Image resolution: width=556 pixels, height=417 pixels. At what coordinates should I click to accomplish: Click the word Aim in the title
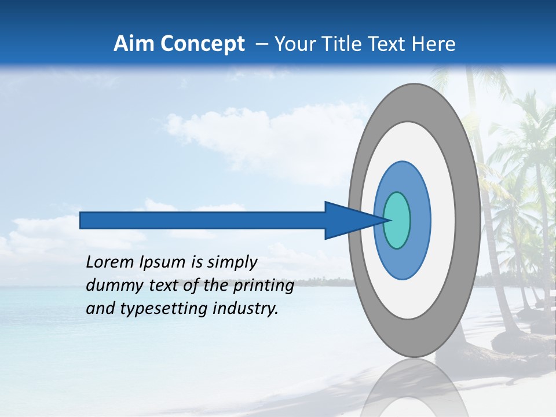point(134,44)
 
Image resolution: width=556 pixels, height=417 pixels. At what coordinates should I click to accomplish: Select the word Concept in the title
point(202,44)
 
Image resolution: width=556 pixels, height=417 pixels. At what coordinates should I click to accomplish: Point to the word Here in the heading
point(433,44)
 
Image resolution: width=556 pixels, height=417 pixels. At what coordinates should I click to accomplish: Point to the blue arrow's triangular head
point(348,220)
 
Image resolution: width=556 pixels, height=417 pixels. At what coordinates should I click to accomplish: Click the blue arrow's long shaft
point(203,220)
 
